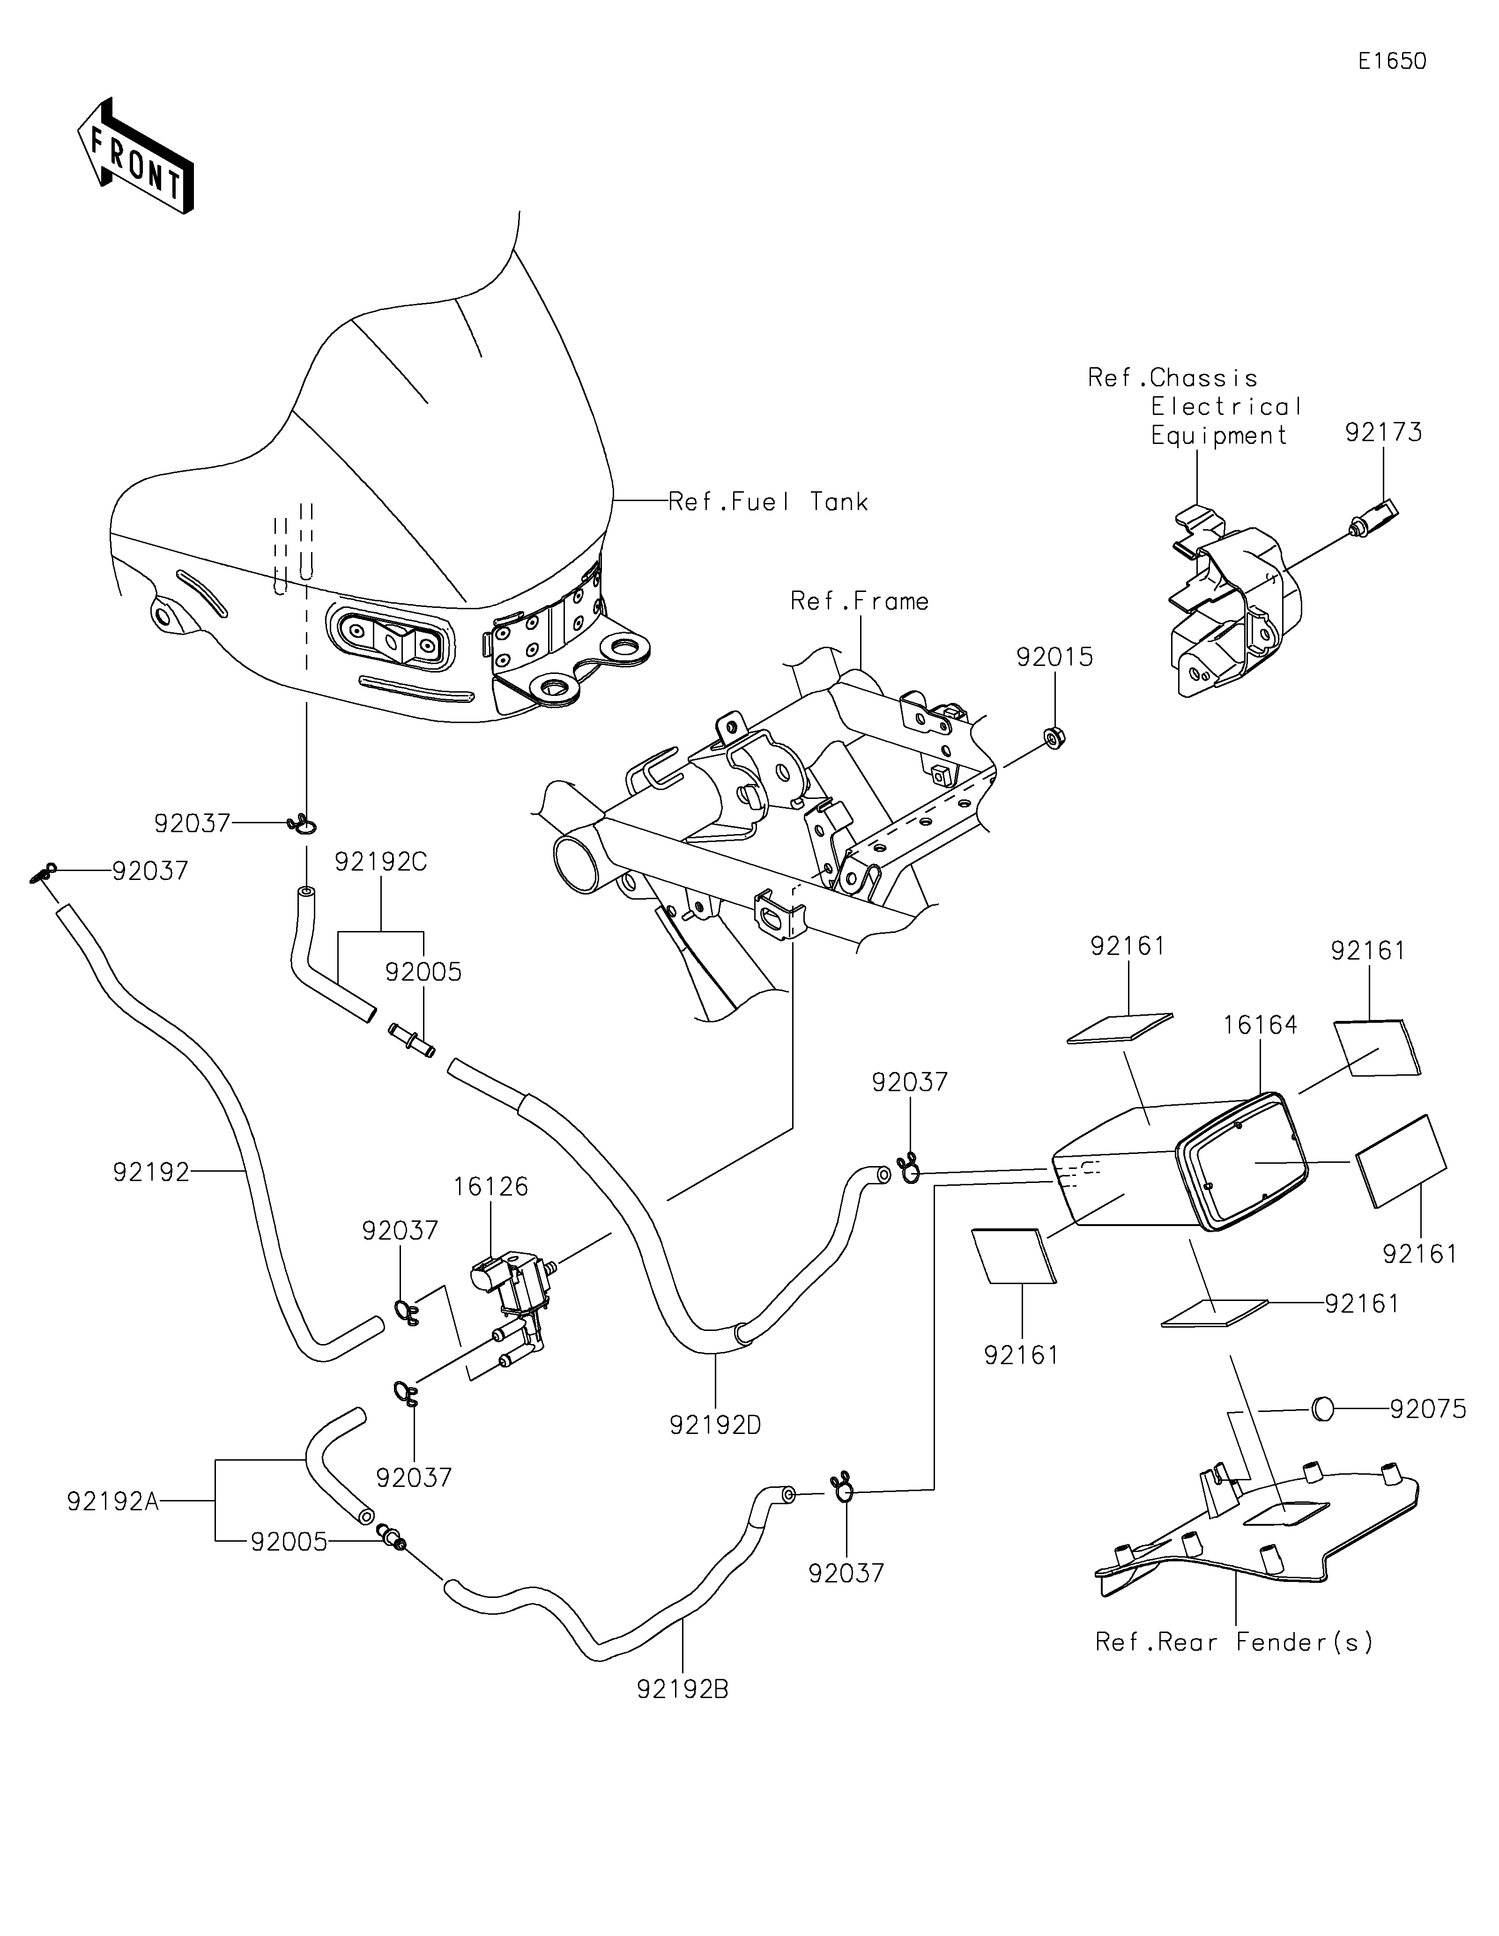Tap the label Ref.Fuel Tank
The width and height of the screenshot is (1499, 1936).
coord(768,502)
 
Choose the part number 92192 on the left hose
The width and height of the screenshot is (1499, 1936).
coord(151,1172)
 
